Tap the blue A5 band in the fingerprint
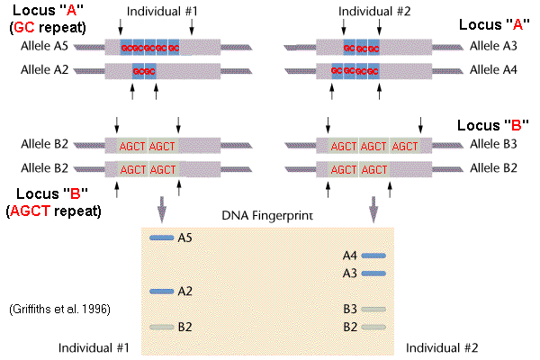(x=160, y=238)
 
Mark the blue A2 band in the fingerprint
(x=160, y=291)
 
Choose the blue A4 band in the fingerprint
(x=373, y=256)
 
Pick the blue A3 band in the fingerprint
(x=373, y=273)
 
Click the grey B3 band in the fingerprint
(x=373, y=309)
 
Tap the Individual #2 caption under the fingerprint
(x=442, y=347)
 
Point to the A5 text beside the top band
(x=185, y=238)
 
